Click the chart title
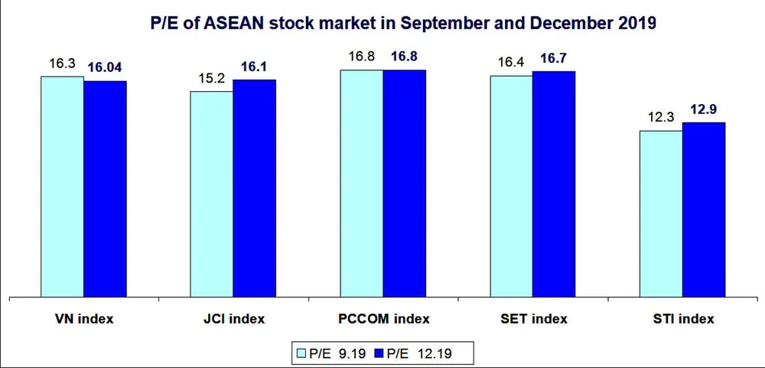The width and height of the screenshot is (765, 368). (x=404, y=24)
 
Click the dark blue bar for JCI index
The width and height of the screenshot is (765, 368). (x=254, y=187)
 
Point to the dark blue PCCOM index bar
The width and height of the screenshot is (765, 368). (x=404, y=183)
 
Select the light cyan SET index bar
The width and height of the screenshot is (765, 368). (x=511, y=185)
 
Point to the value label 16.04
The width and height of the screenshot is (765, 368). (x=106, y=67)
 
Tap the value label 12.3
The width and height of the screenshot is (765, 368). (x=660, y=118)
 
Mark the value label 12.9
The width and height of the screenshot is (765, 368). (x=703, y=109)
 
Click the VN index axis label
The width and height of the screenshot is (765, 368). (x=84, y=318)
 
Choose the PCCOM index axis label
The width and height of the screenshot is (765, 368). (x=383, y=318)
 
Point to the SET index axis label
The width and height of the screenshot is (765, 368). (x=532, y=318)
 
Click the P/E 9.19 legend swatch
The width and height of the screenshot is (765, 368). (x=302, y=353)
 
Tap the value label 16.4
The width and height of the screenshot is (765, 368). (x=510, y=62)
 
